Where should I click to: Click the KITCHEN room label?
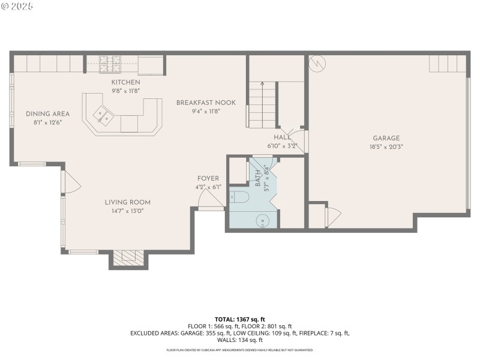(125, 82)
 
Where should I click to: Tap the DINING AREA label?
(47, 114)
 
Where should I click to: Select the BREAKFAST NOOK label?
(206, 103)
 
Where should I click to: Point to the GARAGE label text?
(385, 138)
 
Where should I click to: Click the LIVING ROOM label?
(127, 202)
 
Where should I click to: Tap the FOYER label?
(208, 179)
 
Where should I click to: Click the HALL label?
(282, 137)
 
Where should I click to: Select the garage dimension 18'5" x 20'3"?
(386, 146)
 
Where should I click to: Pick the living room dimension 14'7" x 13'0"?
(127, 211)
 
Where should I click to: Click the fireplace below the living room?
(128, 257)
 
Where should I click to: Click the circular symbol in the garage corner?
(316, 63)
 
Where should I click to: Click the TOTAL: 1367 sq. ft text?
(239, 319)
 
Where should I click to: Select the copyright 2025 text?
(17, 6)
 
